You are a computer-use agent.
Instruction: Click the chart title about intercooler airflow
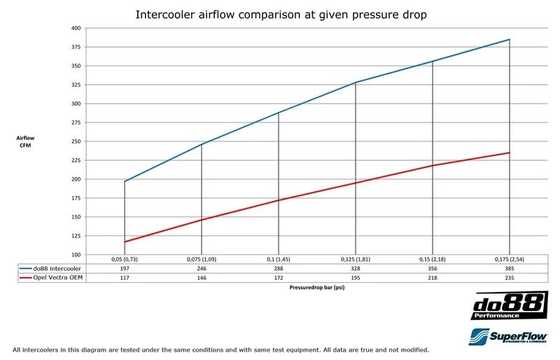(x=280, y=14)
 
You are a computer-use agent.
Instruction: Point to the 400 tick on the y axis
(x=76, y=28)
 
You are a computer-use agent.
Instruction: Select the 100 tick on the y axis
(x=76, y=254)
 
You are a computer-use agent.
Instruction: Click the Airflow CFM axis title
(x=24, y=141)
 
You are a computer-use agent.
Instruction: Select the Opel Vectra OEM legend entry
(x=45, y=277)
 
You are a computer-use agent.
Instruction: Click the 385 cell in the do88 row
(x=509, y=268)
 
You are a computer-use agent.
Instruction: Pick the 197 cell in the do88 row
(x=125, y=268)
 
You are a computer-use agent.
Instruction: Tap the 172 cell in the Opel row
(x=279, y=277)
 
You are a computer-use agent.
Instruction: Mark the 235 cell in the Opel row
(x=509, y=277)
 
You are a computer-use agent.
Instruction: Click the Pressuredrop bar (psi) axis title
(x=316, y=287)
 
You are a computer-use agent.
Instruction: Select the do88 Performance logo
(x=510, y=307)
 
